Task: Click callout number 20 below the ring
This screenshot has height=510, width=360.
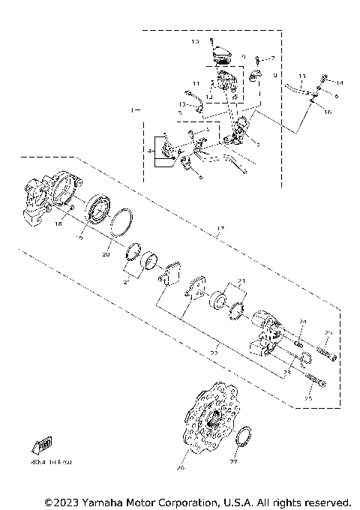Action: [x=106, y=255]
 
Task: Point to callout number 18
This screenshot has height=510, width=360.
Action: [x=57, y=223]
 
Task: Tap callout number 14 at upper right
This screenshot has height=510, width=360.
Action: [x=339, y=82]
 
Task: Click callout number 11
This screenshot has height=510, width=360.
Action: [x=195, y=83]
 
